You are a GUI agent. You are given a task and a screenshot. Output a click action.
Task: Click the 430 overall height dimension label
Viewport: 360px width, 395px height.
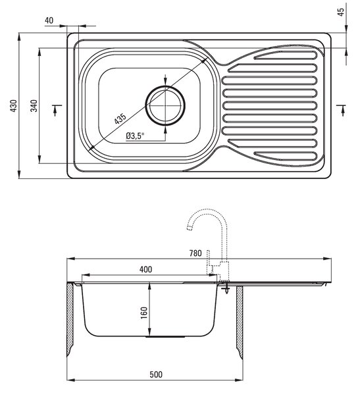click(x=14, y=106)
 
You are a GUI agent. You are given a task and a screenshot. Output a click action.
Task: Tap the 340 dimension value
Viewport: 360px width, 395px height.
click(x=34, y=106)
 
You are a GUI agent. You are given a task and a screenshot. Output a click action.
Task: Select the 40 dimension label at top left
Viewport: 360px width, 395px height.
click(x=49, y=20)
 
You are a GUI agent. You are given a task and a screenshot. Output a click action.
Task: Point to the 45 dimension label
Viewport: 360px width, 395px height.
click(x=341, y=12)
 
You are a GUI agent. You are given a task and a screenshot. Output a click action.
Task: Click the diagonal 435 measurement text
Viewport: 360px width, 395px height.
click(x=120, y=118)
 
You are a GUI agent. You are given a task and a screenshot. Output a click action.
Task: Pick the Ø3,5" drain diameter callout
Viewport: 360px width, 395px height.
click(x=135, y=136)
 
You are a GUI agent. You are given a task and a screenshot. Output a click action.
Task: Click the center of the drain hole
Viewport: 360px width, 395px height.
click(x=165, y=105)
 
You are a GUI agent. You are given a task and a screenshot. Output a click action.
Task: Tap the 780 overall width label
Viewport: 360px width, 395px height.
click(x=195, y=253)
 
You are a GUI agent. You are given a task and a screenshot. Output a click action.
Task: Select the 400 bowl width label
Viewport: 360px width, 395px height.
click(x=145, y=269)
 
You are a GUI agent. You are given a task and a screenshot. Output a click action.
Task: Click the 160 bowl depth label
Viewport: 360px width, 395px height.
click(x=144, y=313)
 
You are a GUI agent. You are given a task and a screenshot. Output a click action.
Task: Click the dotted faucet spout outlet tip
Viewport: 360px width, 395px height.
click(x=189, y=228)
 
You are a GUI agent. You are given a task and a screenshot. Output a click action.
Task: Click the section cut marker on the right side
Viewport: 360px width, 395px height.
click(x=342, y=109)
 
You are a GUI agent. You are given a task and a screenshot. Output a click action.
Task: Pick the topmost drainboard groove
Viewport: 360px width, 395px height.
click(x=286, y=55)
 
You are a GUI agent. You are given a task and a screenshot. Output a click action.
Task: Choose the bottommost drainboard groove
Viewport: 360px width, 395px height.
click(x=286, y=156)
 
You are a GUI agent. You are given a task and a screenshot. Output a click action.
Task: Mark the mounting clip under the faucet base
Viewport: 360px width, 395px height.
click(x=226, y=288)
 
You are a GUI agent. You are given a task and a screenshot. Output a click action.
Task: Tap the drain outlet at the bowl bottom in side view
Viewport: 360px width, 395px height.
click(x=165, y=337)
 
